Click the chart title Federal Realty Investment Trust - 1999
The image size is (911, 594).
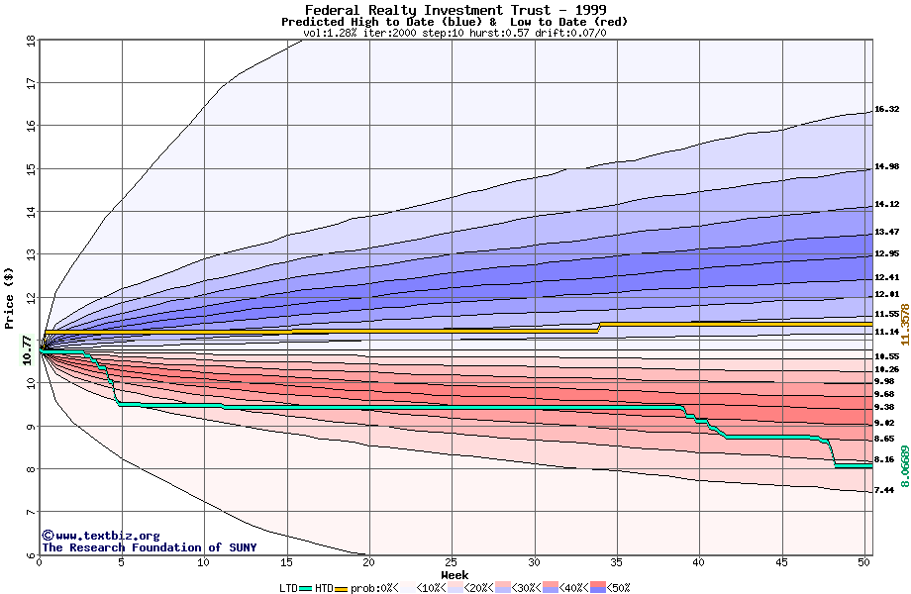(x=455, y=10)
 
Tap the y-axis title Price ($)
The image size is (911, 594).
(x=9, y=298)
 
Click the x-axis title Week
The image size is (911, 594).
(x=455, y=575)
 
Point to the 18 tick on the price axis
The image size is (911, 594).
(x=30, y=41)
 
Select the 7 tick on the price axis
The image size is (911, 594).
(x=30, y=512)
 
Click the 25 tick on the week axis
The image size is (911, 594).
(x=452, y=562)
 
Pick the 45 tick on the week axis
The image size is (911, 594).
(x=781, y=562)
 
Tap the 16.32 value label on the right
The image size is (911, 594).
(x=886, y=110)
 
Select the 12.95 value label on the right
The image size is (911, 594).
(x=886, y=253)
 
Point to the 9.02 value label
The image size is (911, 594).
(x=884, y=423)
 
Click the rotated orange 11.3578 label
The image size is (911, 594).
(x=904, y=324)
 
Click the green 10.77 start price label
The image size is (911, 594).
(x=27, y=350)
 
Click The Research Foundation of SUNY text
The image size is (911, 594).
(x=149, y=547)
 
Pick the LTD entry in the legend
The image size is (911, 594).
(x=289, y=588)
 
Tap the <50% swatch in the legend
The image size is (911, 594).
(x=601, y=588)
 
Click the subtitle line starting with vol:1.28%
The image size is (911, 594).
(x=455, y=33)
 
